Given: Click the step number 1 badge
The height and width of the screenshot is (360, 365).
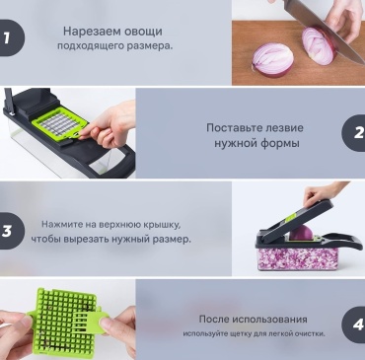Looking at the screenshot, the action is point(11,37).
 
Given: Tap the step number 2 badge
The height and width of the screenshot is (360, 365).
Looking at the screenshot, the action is point(354,133).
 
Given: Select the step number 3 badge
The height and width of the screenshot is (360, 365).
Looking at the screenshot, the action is point(11,231).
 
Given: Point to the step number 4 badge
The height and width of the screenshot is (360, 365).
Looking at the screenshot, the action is point(354,324).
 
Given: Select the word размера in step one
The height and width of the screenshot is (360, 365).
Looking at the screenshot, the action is point(150,46).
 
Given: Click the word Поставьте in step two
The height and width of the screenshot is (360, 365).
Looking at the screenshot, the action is point(230,127).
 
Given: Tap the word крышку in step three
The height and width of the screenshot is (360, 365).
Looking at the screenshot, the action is point(163,225).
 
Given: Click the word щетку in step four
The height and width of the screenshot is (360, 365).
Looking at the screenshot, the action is point(241,333).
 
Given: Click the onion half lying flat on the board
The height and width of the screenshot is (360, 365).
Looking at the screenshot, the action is point(272,59).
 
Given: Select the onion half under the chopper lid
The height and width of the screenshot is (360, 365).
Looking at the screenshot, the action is point(301,233).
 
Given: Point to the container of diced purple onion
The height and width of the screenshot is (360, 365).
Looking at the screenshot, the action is point(298,258).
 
